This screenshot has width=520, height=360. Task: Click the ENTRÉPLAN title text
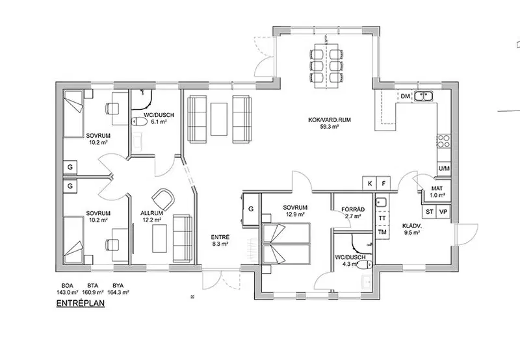tap(81, 303)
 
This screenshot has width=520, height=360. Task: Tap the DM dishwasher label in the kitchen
tap(405, 96)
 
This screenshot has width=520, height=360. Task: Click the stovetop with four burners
tap(443, 141)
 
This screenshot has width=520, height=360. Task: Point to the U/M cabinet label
tap(444, 169)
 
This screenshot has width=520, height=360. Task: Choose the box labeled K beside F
tap(370, 183)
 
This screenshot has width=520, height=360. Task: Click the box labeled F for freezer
tap(383, 183)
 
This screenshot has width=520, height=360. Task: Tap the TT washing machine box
tap(382, 218)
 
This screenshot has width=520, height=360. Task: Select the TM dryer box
tap(382, 232)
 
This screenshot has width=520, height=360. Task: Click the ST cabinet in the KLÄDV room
tap(430, 212)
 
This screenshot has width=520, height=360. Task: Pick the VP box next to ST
tap(443, 212)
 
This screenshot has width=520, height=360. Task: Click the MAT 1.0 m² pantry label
tap(437, 192)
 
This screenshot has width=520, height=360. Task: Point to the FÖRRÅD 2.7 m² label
tap(353, 213)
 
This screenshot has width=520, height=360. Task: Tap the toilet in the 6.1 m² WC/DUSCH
tap(140, 122)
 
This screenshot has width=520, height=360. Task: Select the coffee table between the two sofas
tap(219, 119)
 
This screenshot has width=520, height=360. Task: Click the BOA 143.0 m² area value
tap(68, 289)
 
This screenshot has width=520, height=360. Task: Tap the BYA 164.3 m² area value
tap(118, 289)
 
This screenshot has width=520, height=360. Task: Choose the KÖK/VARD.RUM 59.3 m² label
tap(330, 123)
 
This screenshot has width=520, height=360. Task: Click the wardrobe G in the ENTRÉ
tap(251, 209)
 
